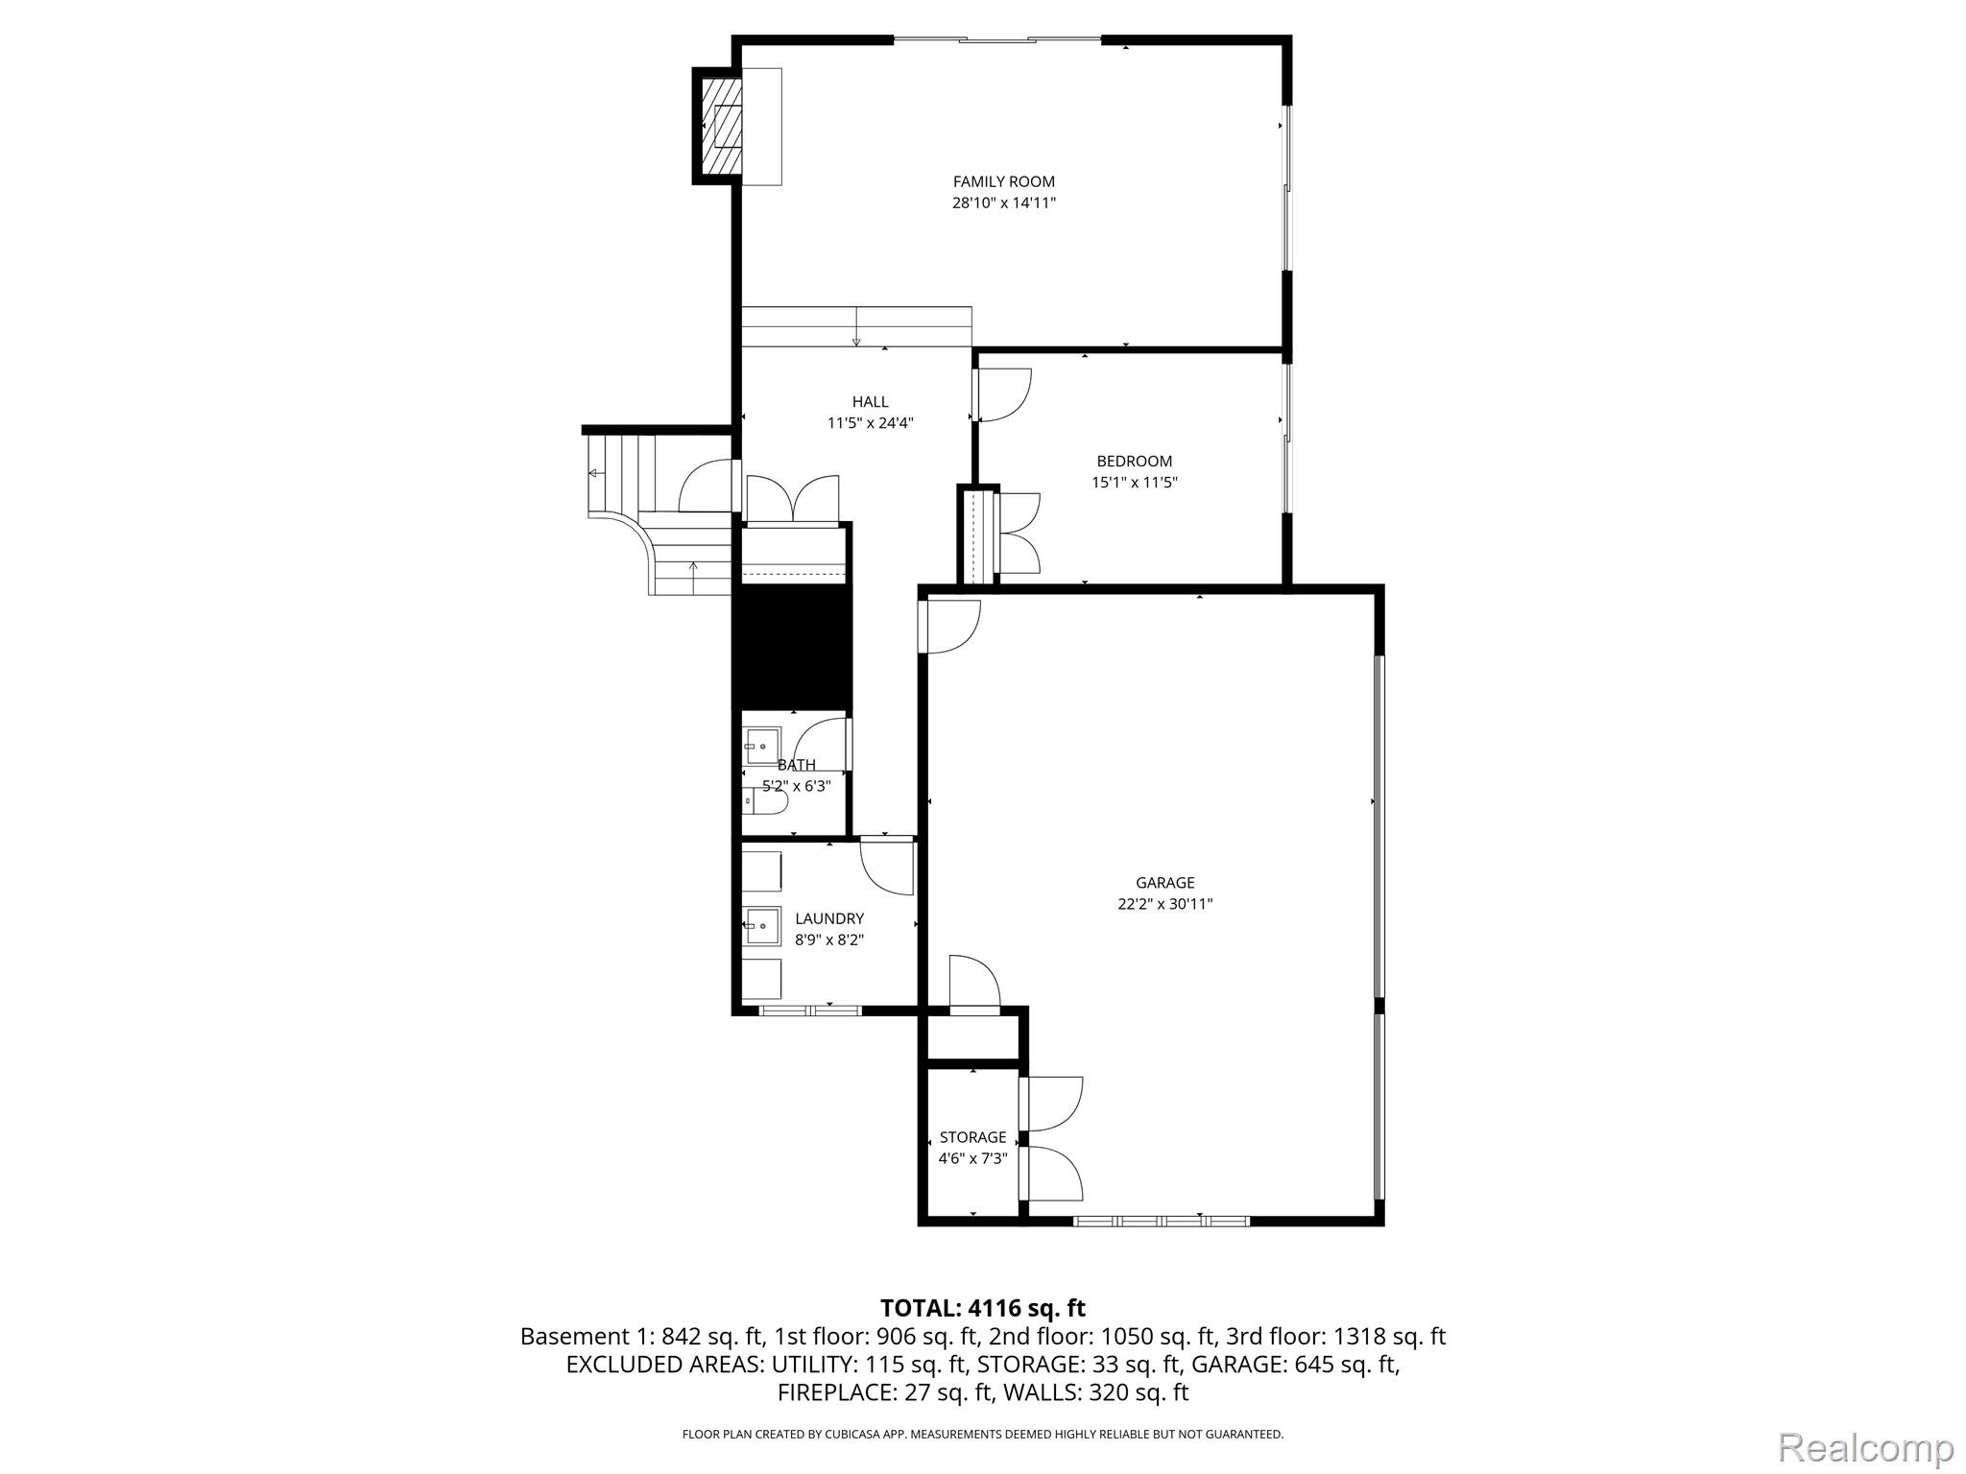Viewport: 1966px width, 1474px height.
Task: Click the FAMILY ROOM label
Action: (1003, 181)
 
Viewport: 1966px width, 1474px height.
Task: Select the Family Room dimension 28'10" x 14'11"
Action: (1003, 203)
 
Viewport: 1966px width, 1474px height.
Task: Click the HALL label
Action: (870, 402)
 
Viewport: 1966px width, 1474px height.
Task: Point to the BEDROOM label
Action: (1134, 462)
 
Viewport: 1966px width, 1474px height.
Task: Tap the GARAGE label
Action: (1164, 883)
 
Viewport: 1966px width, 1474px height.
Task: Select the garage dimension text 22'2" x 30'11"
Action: (1164, 904)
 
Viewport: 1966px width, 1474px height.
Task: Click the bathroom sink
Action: (762, 746)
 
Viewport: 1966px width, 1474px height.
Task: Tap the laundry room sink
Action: (762, 925)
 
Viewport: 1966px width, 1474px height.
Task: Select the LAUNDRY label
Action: (828, 919)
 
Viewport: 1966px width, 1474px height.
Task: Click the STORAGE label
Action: (972, 1138)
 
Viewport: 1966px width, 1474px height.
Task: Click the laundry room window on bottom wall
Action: (810, 1010)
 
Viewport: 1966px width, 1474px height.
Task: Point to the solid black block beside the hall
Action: (792, 648)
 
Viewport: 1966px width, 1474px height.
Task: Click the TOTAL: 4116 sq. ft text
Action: (982, 1308)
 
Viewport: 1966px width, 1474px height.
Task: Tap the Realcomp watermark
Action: (1865, 1447)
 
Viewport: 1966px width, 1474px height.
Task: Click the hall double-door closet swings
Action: (792, 499)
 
